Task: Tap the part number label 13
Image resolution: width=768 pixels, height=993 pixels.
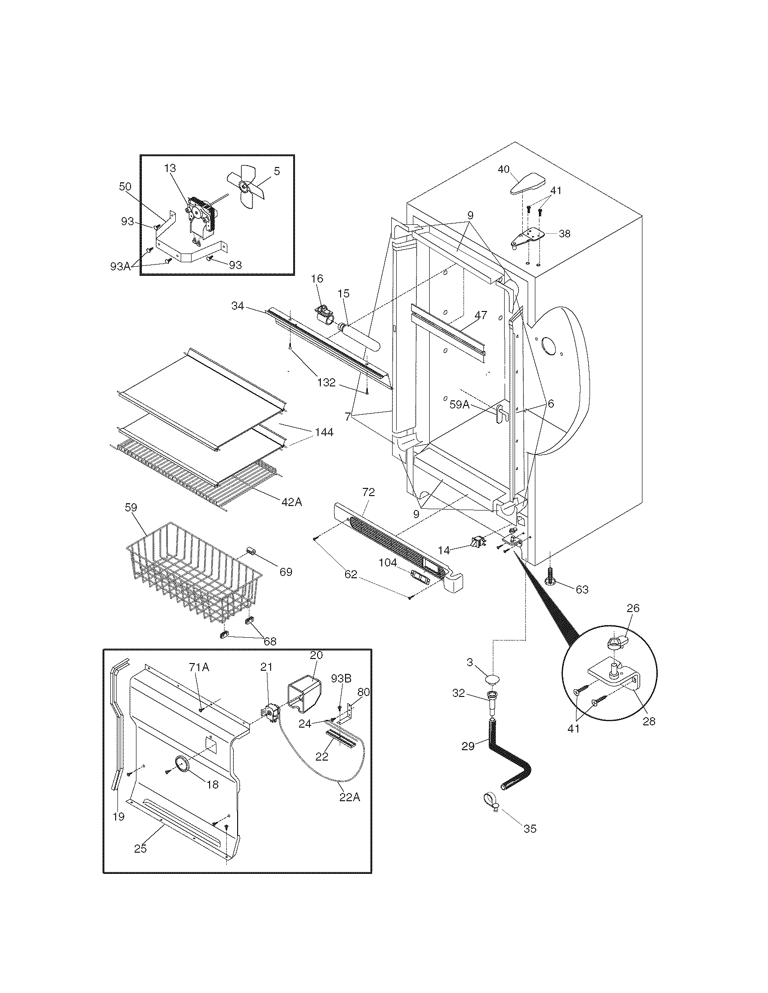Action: click(170, 168)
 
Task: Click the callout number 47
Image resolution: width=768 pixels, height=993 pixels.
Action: click(481, 315)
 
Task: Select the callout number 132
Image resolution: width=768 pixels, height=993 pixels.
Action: click(326, 382)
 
